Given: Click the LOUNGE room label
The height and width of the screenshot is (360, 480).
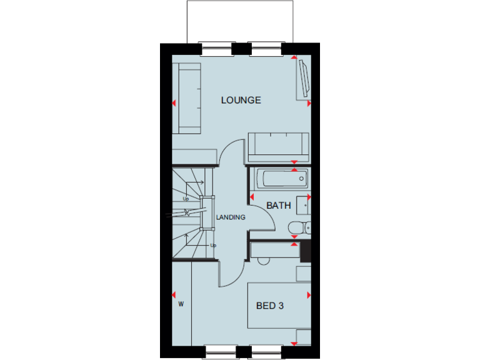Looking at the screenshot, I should click(x=241, y=100).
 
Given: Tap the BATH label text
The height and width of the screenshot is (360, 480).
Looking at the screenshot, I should click(x=278, y=205).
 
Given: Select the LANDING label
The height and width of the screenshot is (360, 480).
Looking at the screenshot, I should click(x=231, y=217).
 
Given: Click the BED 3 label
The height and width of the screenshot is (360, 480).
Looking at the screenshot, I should click(x=270, y=306).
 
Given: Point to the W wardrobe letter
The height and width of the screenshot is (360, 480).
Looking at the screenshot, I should click(x=181, y=305).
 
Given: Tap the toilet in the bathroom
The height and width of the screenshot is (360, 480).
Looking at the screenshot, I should click(x=299, y=228).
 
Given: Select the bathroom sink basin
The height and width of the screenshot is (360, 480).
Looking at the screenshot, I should click(x=304, y=205).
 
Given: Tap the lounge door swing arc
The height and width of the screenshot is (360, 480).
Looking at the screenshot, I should click(x=231, y=153).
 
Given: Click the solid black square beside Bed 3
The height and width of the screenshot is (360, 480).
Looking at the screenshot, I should click(x=305, y=251).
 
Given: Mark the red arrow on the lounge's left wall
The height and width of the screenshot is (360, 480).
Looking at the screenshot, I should click(x=174, y=103).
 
